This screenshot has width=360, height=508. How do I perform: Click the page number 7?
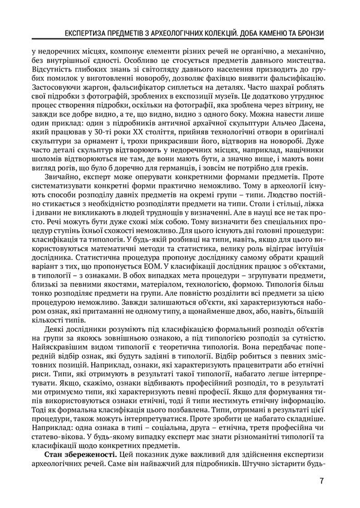(x=323, y=480)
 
